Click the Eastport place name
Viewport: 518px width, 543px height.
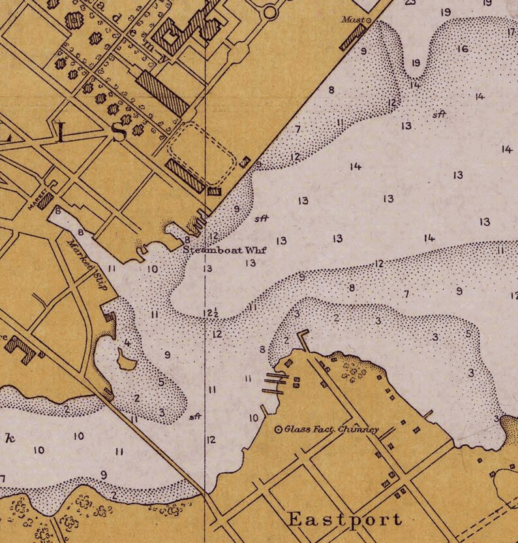point(344,519)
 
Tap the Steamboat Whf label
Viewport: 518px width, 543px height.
point(225,250)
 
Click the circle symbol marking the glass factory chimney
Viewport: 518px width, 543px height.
point(278,429)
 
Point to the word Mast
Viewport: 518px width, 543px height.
point(352,20)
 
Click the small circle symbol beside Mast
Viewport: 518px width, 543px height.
point(367,21)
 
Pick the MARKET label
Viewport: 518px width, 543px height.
point(37,201)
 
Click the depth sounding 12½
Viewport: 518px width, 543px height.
point(211,313)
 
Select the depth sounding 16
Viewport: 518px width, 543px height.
point(463,49)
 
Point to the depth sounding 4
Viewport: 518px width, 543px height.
point(127,342)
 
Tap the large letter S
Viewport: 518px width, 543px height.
point(119,132)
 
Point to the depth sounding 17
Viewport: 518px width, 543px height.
point(511,31)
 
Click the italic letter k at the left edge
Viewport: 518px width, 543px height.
point(9,438)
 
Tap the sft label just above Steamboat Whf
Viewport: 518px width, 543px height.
point(263,218)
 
